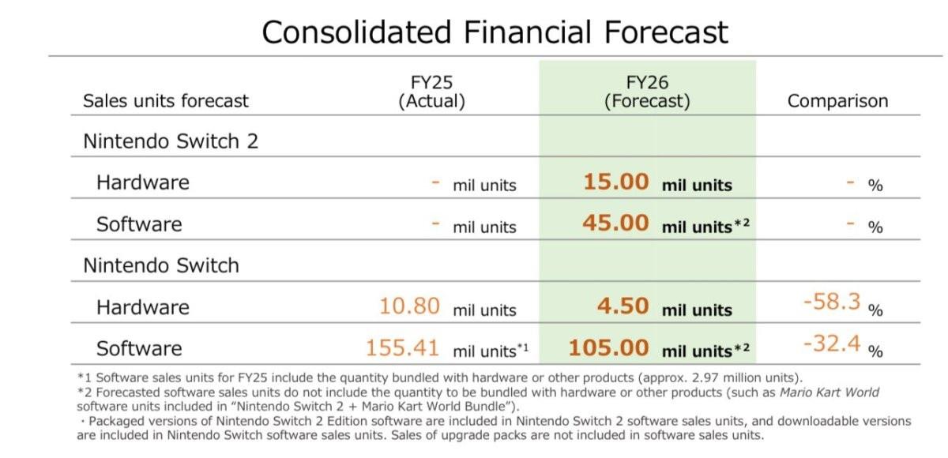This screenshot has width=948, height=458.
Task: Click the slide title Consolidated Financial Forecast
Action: point(495,32)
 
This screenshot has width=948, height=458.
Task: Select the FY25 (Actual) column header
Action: point(431,92)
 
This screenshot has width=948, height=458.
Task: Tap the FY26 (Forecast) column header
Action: point(647,92)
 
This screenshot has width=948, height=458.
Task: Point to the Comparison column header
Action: point(837,101)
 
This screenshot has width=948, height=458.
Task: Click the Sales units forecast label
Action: point(165,101)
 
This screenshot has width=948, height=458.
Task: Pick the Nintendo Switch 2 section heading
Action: point(171,141)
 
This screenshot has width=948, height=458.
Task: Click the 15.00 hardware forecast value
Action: point(615,182)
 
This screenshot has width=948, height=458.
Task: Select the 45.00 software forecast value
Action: point(615,223)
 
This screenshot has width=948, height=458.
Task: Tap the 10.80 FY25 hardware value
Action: point(409,306)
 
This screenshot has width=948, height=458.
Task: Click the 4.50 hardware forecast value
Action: point(623,306)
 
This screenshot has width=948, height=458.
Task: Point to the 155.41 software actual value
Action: point(402,347)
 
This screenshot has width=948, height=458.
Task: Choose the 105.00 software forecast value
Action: point(608,347)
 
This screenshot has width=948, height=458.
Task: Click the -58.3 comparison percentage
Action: point(832,302)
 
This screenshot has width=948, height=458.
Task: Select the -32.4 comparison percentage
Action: point(832,343)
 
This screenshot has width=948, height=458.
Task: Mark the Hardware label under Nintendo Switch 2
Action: point(143,182)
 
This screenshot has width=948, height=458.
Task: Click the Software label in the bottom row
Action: point(139,348)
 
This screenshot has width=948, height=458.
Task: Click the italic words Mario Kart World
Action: point(829,392)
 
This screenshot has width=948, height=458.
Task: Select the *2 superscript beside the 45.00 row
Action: point(742,223)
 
